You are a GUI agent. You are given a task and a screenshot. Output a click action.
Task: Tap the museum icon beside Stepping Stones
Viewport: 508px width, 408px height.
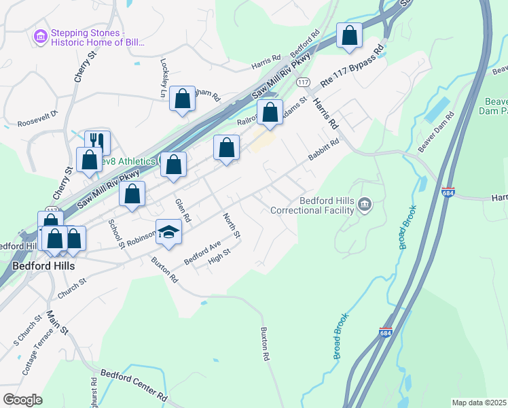tap(40, 35)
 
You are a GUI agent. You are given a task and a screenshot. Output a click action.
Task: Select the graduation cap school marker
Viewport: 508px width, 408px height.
tap(168, 232)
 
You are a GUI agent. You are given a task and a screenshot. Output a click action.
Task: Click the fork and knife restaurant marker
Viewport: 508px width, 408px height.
tap(97, 141)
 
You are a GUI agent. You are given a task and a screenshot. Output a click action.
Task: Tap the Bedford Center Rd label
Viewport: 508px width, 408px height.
tap(134, 384)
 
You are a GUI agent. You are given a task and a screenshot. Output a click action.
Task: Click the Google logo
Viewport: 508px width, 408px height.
tap(22, 400)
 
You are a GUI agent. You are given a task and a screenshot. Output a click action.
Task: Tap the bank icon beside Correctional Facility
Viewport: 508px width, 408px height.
tap(365, 204)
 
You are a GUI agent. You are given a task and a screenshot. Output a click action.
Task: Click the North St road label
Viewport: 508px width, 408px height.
tap(232, 225)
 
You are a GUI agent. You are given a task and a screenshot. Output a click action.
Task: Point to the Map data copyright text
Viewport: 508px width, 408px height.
tap(478, 403)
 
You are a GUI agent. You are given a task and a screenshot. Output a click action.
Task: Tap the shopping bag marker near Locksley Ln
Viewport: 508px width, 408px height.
tap(183, 98)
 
